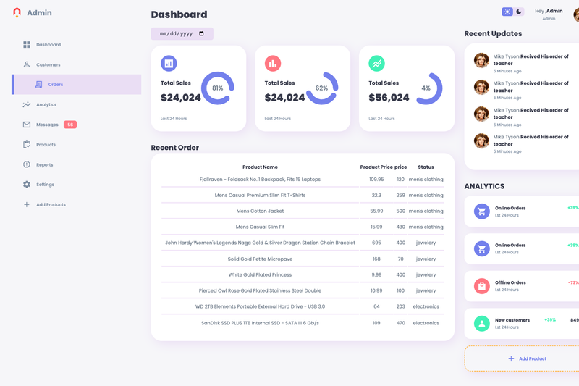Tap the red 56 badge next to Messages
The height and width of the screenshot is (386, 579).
[x=70, y=125]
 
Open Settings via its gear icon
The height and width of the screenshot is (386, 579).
[x=27, y=185]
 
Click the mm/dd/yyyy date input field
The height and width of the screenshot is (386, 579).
[x=182, y=33]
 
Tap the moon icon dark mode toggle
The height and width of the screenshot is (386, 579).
[x=519, y=12]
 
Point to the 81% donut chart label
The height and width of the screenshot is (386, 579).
[x=218, y=88]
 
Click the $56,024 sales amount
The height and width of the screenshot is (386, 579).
[x=389, y=98]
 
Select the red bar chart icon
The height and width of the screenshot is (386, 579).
[x=273, y=64]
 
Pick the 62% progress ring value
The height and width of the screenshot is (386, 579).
[x=321, y=88]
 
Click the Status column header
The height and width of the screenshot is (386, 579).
[x=426, y=167]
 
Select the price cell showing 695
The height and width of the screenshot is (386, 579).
[x=376, y=243]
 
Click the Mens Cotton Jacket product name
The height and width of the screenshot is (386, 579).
[x=260, y=211]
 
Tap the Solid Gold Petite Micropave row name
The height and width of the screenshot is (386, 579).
[x=260, y=259]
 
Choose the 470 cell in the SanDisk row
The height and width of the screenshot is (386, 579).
[x=401, y=323]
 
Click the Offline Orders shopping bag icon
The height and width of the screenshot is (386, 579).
[x=482, y=286]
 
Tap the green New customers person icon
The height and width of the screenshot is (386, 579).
[x=482, y=324]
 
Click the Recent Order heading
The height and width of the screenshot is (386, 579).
[x=174, y=148]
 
